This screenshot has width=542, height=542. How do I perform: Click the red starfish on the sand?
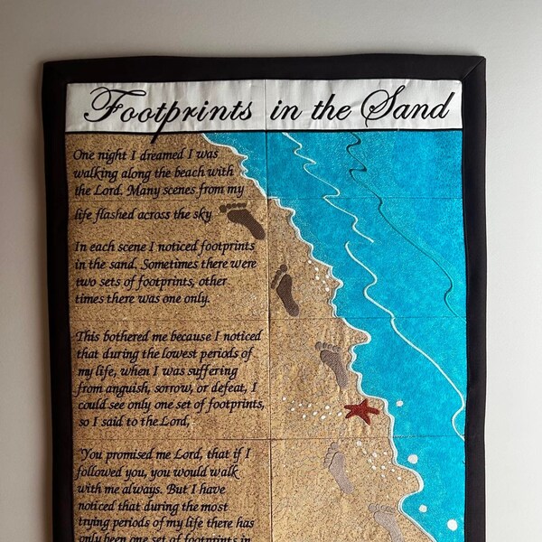tap(361, 410)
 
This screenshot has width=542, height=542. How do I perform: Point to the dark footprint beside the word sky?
tap(242, 220)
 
